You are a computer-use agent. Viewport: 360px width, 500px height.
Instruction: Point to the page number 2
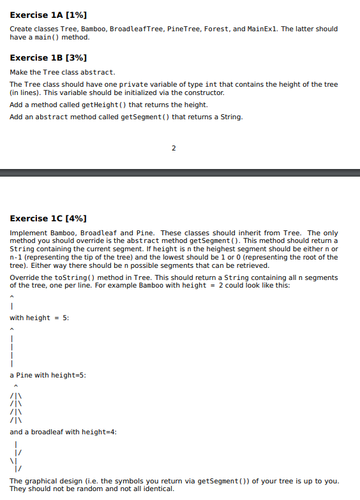174,148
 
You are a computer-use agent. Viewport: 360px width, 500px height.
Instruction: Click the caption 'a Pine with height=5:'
48,375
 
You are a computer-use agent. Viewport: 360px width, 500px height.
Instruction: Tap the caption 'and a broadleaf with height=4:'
63,432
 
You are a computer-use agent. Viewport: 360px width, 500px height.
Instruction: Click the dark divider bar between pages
180,172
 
